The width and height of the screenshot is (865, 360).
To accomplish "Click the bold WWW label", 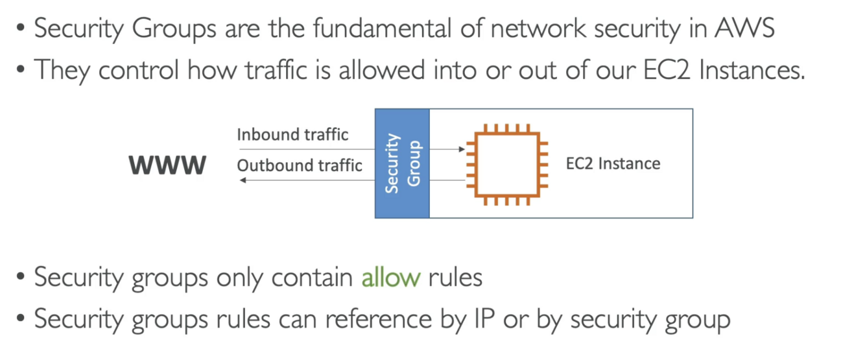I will coord(168,165).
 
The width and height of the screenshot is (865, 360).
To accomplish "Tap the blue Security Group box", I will coord(402,163).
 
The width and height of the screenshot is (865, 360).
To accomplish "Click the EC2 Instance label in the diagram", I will coord(613,163).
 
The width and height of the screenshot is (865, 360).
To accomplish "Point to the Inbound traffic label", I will coord(292,135).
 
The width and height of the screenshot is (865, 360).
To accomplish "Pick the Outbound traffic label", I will coord(300,165).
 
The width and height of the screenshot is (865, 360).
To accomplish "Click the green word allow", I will coord(391,278).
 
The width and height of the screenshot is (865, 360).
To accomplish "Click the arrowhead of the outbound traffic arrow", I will coord(243,180).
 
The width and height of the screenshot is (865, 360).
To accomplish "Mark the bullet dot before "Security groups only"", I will coord(21,279).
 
